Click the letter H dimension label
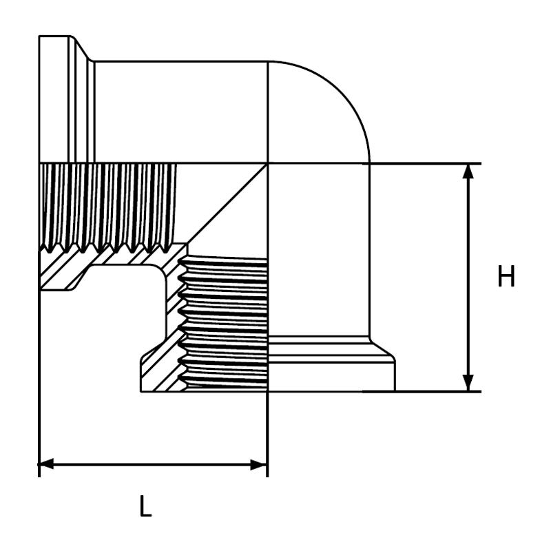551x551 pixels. (506, 277)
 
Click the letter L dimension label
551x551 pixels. (145, 506)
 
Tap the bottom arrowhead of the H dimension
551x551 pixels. (468, 383)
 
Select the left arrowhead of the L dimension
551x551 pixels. (46, 464)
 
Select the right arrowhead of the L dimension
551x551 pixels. (260, 464)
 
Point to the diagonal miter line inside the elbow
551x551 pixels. (227, 203)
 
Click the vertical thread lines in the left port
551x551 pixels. (107, 207)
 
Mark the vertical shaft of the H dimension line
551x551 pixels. (468, 278)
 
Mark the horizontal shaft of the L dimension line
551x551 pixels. (153, 464)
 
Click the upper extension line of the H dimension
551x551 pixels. (422, 164)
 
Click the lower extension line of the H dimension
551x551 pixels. (422, 391)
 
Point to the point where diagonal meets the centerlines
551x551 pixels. (268, 164)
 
